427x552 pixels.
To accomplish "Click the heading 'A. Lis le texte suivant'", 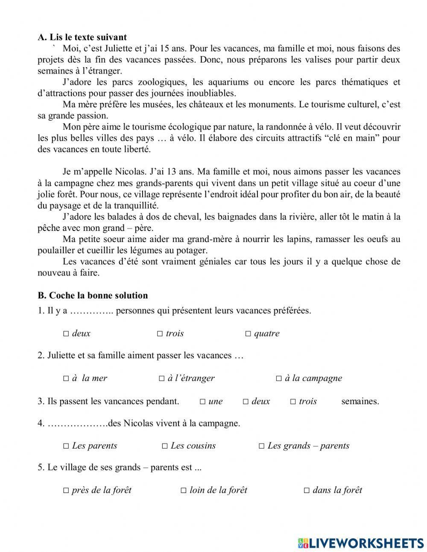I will pos(82,37).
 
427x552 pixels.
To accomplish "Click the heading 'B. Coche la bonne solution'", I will pos(93,295).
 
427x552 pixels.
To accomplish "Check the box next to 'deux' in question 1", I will pos(66,334).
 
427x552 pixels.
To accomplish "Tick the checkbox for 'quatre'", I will pos(248,334).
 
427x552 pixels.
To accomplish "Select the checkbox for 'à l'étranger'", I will pos(162,378).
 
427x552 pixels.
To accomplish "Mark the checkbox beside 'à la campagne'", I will pos(279,378).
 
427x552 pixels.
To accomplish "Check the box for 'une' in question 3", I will pos(203,401).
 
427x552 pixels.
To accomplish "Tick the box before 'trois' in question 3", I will pos(293,401).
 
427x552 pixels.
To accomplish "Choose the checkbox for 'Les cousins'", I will pos(165,446).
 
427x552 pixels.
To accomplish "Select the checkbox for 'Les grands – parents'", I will pos(262,446).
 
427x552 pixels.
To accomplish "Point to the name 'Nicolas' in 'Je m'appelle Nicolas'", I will pos(131,172).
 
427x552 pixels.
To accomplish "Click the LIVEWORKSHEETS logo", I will pos(361,543).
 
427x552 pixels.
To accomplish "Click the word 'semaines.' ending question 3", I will pos(360,401).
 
